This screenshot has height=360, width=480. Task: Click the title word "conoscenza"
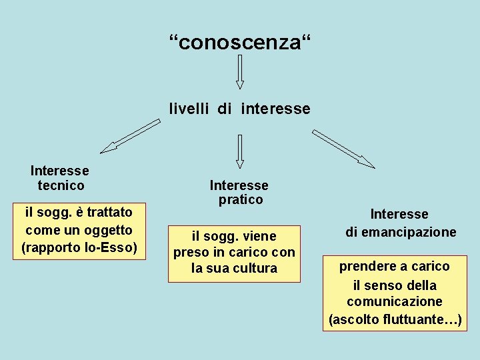coord(239,43)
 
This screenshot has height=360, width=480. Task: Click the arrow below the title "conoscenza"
coord(240,72)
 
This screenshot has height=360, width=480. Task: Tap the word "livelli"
coord(189,109)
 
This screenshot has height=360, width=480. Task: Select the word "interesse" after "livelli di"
coord(275,109)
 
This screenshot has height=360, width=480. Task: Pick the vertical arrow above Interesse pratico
coord(240,151)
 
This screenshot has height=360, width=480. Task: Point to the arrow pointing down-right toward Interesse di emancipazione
coord(343,149)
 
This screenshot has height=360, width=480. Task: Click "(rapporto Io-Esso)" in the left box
coord(79,248)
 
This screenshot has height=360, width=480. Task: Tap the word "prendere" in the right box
coord(368,266)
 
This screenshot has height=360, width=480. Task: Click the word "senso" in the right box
coord(383,285)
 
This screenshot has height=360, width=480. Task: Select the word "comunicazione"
coord(394,301)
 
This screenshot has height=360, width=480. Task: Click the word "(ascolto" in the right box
coord(355,319)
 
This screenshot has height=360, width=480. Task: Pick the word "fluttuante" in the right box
coord(417,319)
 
